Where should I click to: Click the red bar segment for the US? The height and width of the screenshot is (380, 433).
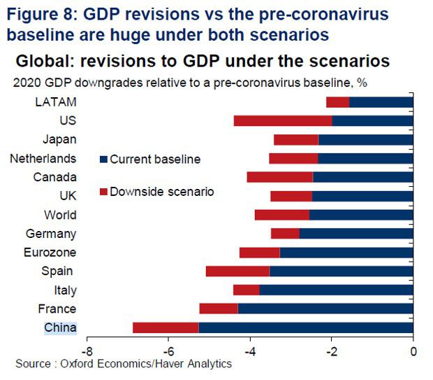283,121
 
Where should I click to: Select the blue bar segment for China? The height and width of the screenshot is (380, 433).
306,328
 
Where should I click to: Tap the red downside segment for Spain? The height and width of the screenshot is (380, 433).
237,272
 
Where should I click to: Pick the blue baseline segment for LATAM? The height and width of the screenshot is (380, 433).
381,102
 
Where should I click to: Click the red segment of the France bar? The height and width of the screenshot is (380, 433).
219,309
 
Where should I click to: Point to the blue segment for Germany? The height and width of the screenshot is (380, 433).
356,234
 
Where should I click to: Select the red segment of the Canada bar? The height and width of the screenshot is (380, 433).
280,177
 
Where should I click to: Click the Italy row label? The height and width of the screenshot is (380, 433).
66,290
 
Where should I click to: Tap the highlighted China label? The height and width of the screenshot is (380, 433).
61,328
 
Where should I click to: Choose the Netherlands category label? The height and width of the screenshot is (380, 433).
43,159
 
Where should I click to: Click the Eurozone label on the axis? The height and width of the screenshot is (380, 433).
50,253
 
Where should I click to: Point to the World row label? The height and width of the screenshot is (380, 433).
60,215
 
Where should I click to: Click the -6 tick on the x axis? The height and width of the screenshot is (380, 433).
168,351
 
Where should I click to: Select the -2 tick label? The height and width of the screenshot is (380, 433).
332,351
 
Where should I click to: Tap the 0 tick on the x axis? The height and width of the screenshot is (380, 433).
413,351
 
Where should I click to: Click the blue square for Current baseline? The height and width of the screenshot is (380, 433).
103,160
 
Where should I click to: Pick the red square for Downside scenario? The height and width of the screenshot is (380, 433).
103,192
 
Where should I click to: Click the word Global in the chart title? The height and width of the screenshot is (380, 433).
45,61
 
